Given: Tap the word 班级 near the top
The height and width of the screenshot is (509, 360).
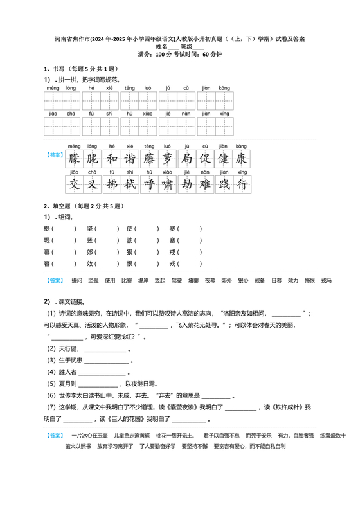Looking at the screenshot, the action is point(186,47).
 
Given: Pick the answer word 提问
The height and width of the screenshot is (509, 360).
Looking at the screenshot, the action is point(77,280).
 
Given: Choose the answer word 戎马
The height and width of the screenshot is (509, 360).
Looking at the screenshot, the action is point(327,280).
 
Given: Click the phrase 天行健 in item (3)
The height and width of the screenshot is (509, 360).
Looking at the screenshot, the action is point(67,348).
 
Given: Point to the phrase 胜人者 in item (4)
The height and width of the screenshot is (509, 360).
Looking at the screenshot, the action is point(67,371).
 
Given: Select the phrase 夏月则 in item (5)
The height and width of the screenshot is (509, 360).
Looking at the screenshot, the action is point(67,383).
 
